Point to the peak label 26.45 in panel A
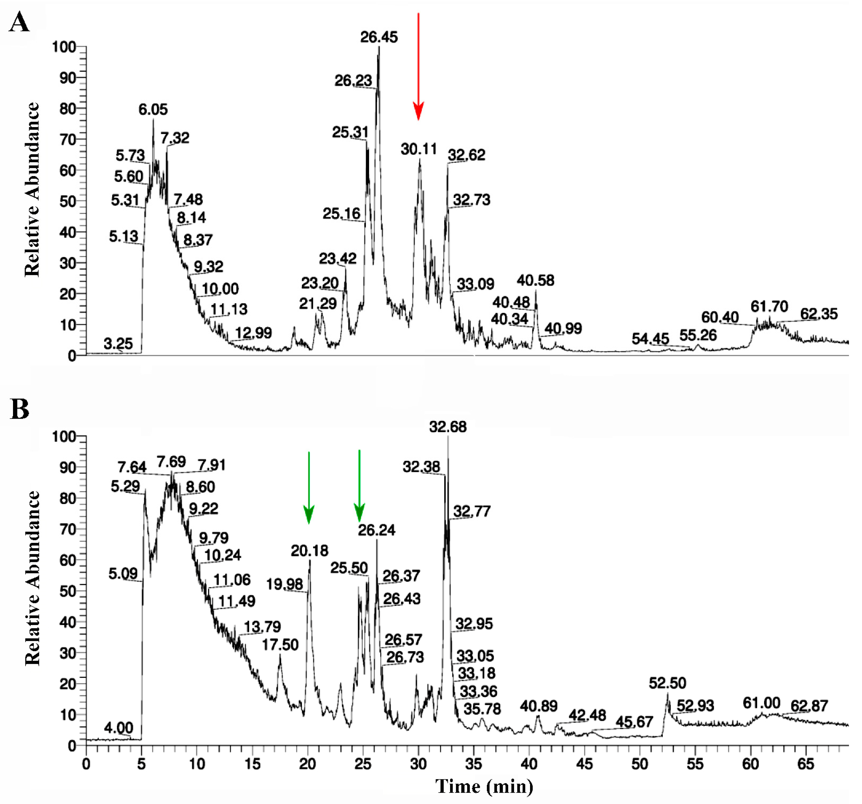click(378, 37)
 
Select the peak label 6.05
click(153, 109)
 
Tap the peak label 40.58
click(535, 281)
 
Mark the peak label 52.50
click(667, 683)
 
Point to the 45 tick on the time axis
click(584, 764)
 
